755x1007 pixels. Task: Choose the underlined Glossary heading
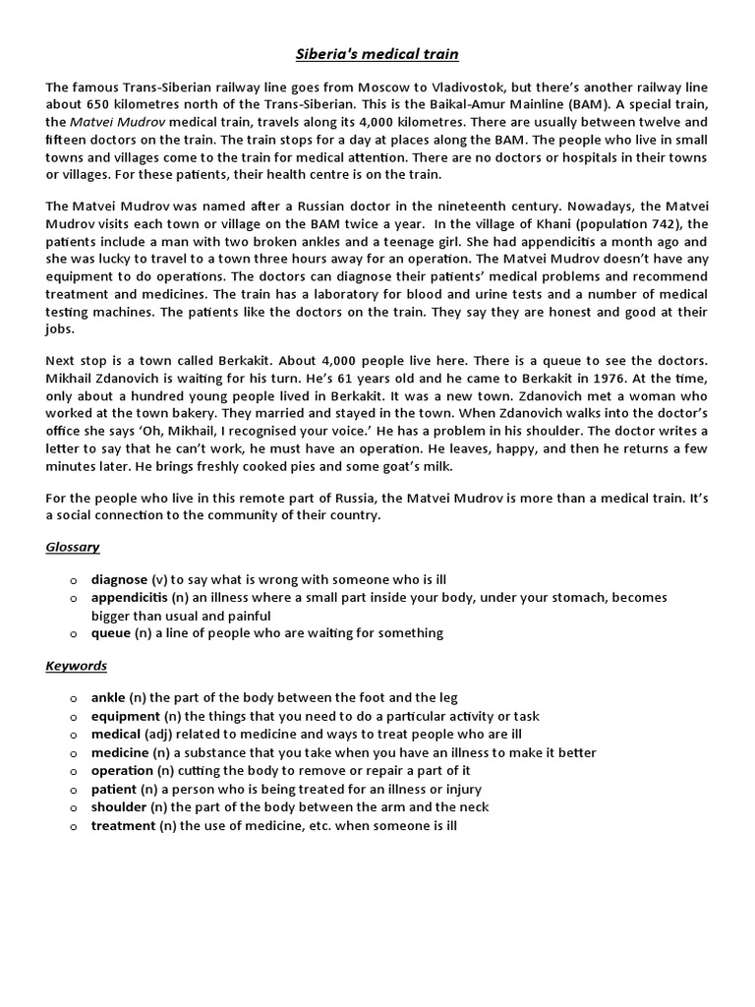73,547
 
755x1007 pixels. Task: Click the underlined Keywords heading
77,666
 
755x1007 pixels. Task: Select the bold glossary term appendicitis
130,598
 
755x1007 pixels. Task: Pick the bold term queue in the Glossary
111,633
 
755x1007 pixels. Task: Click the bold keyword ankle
108,698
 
